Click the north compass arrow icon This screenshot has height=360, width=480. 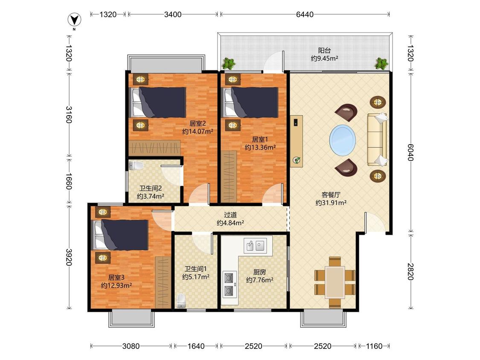pyautogui.click(x=74, y=20)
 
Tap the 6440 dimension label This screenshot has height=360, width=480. pyautogui.click(x=305, y=15)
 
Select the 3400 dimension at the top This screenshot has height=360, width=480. pyautogui.click(x=173, y=15)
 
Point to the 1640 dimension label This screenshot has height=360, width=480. pyautogui.click(x=196, y=346)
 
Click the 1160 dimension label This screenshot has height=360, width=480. pyautogui.click(x=374, y=346)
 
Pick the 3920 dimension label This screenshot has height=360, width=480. pyautogui.click(x=69, y=257)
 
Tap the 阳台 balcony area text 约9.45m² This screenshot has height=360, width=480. pyautogui.click(x=325, y=58)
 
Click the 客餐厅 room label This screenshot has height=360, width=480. pyautogui.click(x=331, y=195)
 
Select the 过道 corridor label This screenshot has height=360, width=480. pyautogui.click(x=230, y=215)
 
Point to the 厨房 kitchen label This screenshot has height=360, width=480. pyautogui.click(x=259, y=272)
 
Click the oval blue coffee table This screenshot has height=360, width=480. pyautogui.click(x=343, y=140)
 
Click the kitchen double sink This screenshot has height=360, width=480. pyautogui.click(x=255, y=245)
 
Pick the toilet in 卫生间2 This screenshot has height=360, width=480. pyautogui.click(x=136, y=165)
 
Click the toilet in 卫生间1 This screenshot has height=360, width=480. pyautogui.click(x=181, y=301)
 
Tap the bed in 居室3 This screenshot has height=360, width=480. pyautogui.click(x=120, y=235)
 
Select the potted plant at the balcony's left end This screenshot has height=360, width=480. pyautogui.click(x=229, y=64)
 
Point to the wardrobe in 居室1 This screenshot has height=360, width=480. pyautogui.click(x=229, y=177)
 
